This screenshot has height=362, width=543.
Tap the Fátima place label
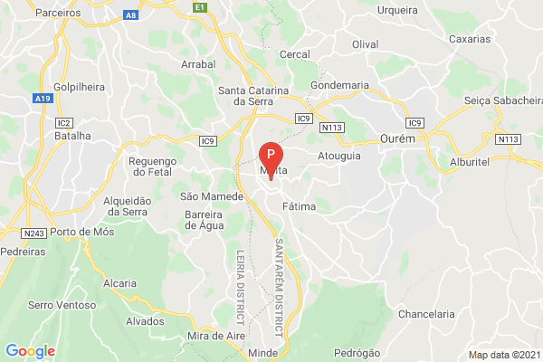[x=299, y=207]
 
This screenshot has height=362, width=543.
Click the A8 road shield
[x=131, y=15]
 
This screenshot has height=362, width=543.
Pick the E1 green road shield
[x=200, y=6]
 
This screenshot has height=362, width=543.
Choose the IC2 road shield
[x=63, y=122]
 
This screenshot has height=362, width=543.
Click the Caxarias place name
[x=470, y=40]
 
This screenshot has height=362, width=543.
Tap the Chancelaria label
[x=427, y=314]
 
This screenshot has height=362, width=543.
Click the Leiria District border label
[x=241, y=289]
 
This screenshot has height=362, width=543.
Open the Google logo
[x=30, y=351]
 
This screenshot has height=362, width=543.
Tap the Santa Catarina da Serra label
[x=253, y=97]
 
